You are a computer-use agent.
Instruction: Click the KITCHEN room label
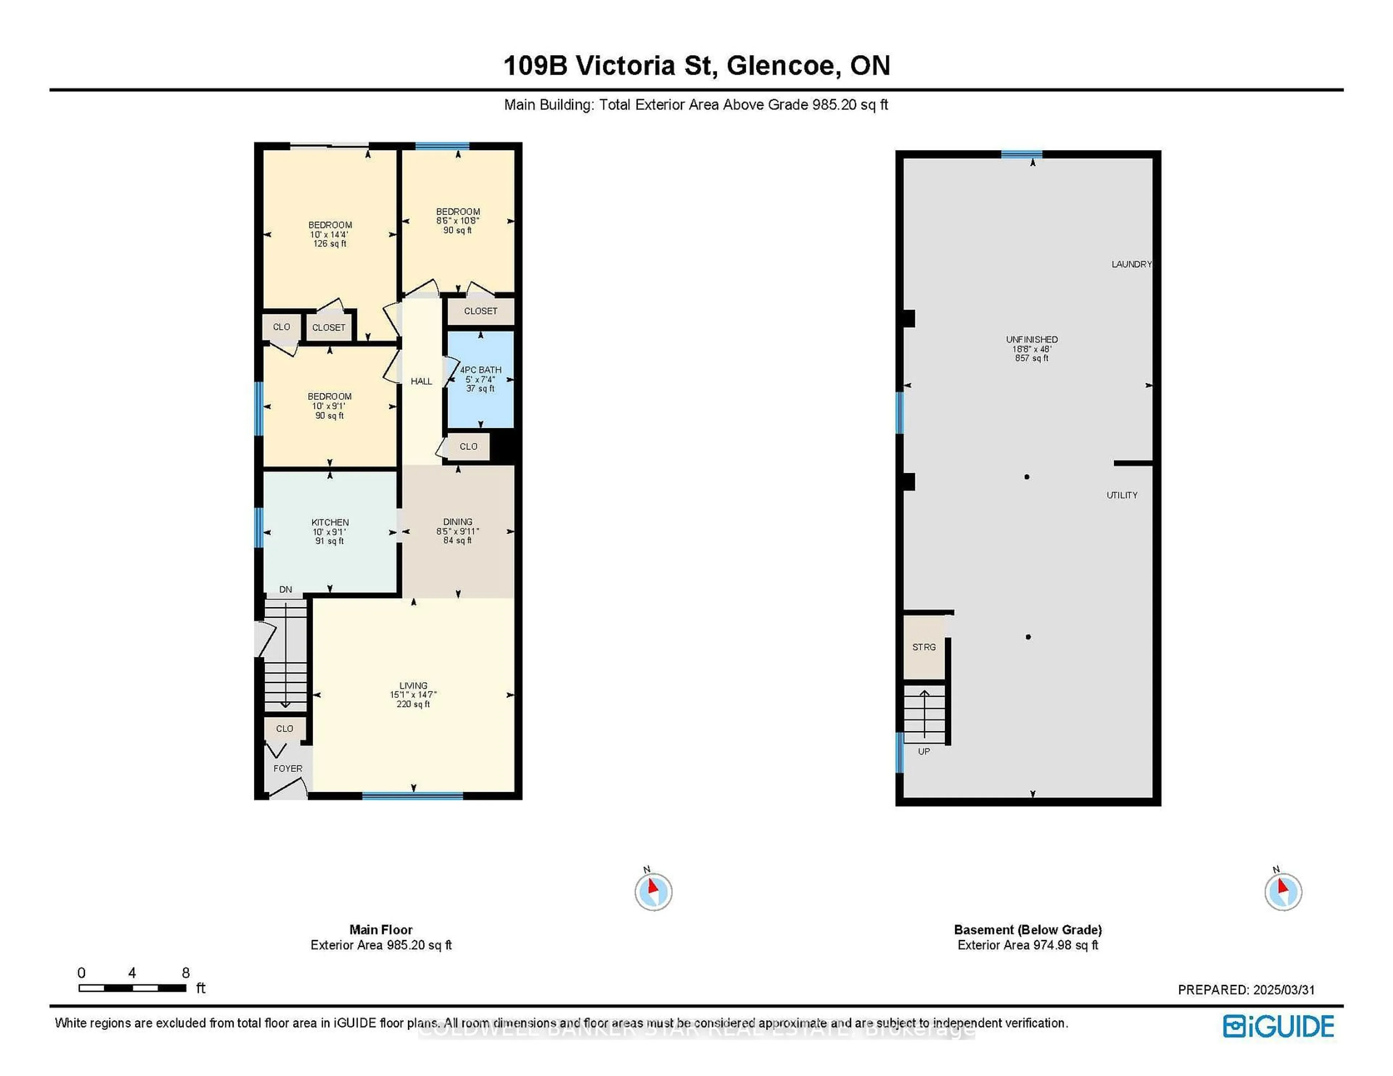(330, 522)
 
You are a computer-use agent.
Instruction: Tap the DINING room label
(457, 521)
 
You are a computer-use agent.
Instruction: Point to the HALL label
(421, 381)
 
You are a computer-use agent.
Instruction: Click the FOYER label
(288, 768)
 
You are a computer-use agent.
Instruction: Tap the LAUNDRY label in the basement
(1131, 264)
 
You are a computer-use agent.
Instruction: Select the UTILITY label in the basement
(1121, 494)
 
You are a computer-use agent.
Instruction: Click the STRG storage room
(924, 647)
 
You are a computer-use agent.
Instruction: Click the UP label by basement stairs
(924, 752)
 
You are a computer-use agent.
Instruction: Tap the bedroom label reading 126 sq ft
(330, 234)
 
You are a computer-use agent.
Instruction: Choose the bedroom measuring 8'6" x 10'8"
(457, 220)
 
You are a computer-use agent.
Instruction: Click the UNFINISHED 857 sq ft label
(1031, 349)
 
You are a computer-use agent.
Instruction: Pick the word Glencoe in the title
(780, 66)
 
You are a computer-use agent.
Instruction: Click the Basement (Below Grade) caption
(1028, 930)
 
